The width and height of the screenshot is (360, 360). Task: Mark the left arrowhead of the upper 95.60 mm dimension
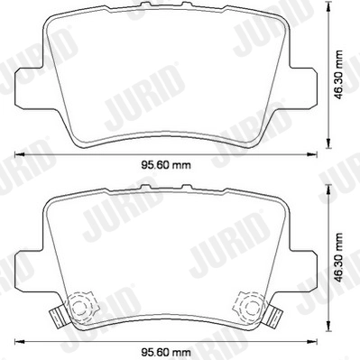click(19, 154)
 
